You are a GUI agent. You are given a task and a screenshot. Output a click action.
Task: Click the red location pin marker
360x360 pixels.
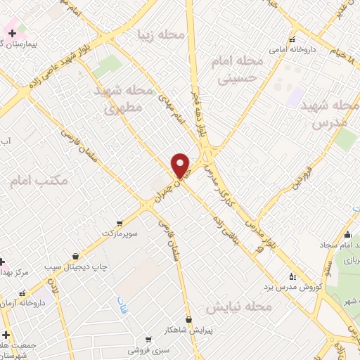181,165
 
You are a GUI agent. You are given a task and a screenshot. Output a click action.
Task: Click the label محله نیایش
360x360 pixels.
239,307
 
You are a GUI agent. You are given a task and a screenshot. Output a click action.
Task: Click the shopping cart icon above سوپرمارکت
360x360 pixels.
120,222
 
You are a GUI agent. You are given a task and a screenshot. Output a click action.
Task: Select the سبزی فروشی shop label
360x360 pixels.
148,348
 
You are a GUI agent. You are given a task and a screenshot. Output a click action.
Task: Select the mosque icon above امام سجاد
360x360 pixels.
347,235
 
